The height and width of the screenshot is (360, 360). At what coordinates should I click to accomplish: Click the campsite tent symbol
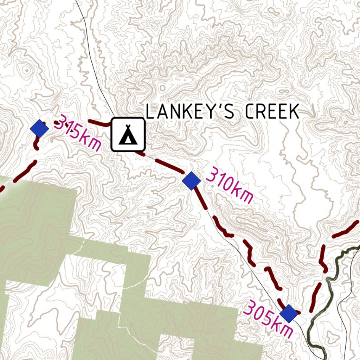click(128, 135)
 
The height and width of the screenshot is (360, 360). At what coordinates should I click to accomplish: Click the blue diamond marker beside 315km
click(39, 129)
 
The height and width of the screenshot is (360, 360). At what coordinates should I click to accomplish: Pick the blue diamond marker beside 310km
click(191, 181)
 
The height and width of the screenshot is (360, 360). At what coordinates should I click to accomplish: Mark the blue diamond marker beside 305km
click(289, 313)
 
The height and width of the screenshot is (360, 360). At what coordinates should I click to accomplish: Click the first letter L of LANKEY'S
click(149, 112)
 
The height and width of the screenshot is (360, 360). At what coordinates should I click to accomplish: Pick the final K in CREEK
click(294, 112)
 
